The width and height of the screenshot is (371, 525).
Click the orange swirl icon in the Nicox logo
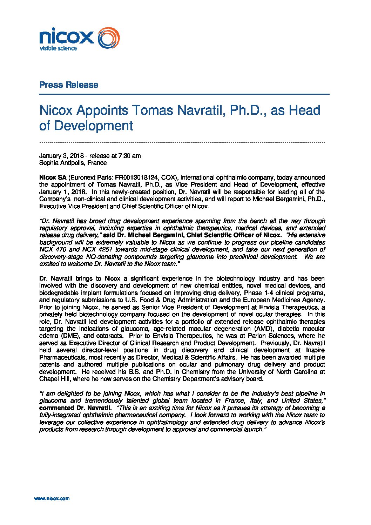click(108, 38)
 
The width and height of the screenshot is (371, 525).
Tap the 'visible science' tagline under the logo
click(58, 48)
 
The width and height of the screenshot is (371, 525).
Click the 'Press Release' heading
click(69, 85)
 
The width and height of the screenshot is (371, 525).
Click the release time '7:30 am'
click(130, 156)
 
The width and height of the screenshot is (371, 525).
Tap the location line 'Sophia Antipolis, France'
click(73, 163)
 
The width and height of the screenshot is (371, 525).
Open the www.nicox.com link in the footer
click(52, 498)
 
